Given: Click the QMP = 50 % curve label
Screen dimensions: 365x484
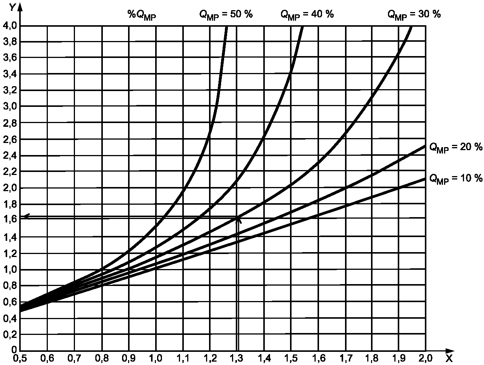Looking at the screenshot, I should coord(226,15).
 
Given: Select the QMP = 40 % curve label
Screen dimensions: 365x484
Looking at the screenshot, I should coord(307,15).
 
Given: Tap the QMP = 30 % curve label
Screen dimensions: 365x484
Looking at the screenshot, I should coord(414,15).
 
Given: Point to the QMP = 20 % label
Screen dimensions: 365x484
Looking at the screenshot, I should coord(456,148).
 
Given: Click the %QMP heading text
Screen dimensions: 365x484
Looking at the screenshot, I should coord(141,15).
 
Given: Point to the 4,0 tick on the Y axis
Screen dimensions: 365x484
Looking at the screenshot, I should coord(9,26).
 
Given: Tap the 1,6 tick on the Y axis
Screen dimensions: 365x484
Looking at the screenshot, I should coord(9,220).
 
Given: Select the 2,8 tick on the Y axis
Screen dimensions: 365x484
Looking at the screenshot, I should coord(9,123).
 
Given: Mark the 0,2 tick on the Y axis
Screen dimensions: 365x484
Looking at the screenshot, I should coord(9,334).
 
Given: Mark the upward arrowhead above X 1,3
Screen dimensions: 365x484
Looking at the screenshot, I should coord(238,219).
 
